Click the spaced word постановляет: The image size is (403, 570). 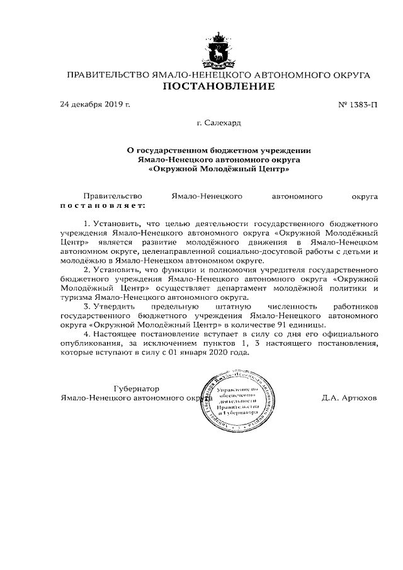point(102,205)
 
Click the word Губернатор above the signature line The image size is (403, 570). point(137,389)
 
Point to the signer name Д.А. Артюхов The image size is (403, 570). point(349,398)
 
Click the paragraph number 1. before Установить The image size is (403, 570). point(87,224)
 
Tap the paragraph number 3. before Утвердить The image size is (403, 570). point(87,307)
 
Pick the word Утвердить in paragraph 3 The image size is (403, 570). point(113,307)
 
